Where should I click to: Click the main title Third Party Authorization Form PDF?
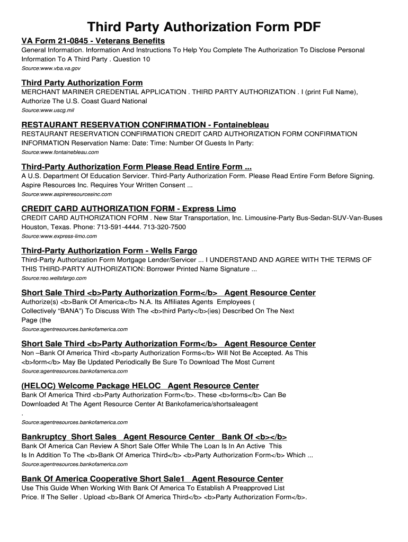point(204,27)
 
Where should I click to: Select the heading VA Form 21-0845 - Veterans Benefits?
point(93,41)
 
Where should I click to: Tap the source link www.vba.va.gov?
point(51,69)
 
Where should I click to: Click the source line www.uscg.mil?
point(48,111)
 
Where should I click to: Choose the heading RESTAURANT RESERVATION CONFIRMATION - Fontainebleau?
point(145,125)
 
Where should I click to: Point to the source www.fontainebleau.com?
point(60,152)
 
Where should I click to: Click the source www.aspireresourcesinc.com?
point(66,194)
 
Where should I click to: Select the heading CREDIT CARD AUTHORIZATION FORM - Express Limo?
point(128,209)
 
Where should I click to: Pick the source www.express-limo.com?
point(59,236)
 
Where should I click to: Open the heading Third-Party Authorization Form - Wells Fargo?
point(109,250)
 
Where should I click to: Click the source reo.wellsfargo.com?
point(54,278)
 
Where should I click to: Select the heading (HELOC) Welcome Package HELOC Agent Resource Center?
point(140,386)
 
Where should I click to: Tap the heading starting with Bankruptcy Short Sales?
point(154,437)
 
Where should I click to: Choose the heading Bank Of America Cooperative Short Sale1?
point(152,478)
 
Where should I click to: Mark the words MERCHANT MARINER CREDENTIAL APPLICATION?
point(103,92)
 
